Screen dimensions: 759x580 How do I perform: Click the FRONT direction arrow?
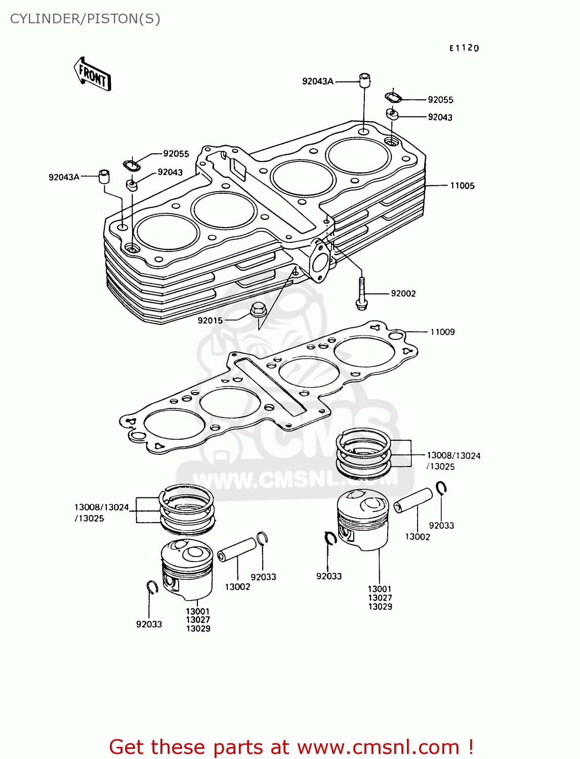pos(93,74)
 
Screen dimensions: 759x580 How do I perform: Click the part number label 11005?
pos(462,186)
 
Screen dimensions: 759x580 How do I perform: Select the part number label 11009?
pos(442,332)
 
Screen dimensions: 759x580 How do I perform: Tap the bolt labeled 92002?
pos(361,294)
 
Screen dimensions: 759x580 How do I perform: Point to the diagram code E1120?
pos(464,48)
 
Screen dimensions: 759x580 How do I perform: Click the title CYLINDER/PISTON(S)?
pos(85,19)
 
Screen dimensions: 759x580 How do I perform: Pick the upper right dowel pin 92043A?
pos(364,80)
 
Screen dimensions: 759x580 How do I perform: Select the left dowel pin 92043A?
pos(104,176)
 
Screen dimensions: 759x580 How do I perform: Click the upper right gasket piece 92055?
pos(393,97)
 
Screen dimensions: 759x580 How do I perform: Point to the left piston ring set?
pos(186,509)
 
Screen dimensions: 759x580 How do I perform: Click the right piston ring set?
pos(364,454)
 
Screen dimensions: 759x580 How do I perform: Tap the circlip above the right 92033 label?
pos(441,488)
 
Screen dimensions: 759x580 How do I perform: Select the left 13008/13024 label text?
pos(102,507)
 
